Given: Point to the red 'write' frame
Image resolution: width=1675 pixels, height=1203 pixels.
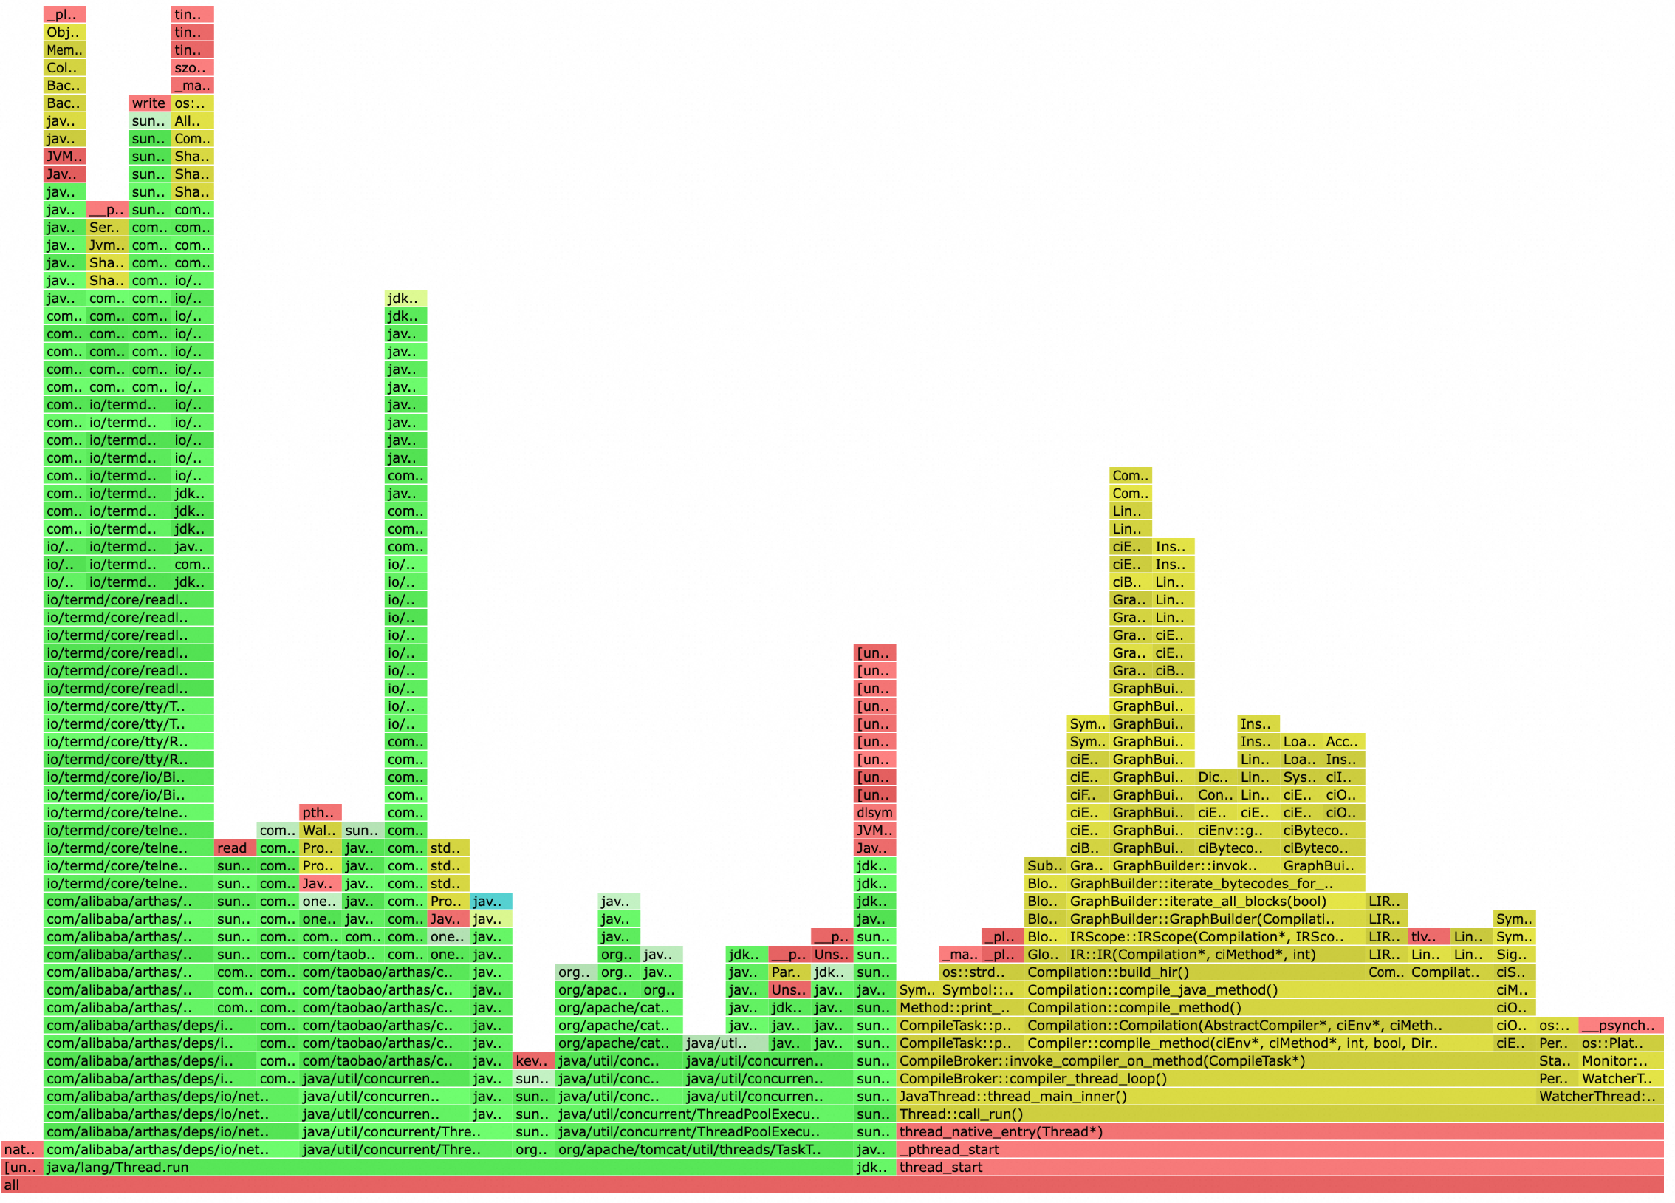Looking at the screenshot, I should (x=149, y=103).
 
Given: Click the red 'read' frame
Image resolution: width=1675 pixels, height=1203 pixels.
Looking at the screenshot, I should (x=234, y=848).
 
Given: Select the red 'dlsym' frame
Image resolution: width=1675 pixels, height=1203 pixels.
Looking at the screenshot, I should (x=874, y=812).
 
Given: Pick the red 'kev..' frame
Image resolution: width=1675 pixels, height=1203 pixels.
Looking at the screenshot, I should (x=532, y=1060).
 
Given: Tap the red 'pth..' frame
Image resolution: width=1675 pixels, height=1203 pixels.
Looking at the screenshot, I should (x=320, y=812).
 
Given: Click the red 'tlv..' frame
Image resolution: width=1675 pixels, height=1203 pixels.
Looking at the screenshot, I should (x=1428, y=936).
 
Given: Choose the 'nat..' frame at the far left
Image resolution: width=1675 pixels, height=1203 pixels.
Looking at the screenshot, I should (x=21, y=1149).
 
